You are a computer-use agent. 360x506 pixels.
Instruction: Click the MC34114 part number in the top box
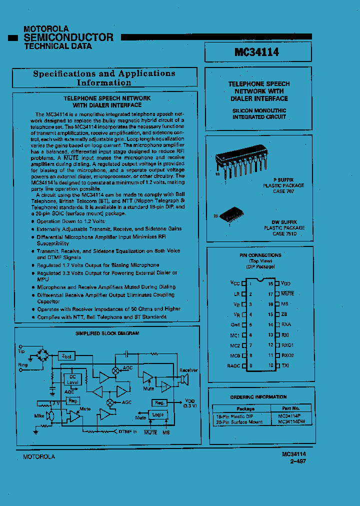(x=257, y=52)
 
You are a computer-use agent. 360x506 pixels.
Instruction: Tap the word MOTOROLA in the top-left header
(x=46, y=29)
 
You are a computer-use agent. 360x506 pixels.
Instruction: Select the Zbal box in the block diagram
(x=67, y=356)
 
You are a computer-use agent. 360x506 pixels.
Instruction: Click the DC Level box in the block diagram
(x=72, y=379)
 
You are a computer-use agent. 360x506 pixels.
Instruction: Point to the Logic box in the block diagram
(x=157, y=414)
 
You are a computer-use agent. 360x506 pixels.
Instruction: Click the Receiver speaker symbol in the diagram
(x=183, y=381)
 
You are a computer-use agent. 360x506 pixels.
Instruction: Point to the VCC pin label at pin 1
(x=235, y=283)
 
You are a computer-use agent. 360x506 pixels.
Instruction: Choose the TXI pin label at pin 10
(x=285, y=365)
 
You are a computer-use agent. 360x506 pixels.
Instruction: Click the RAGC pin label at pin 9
(x=233, y=365)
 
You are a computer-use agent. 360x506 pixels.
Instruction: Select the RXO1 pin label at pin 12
(x=287, y=345)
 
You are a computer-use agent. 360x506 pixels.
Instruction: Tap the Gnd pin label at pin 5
(x=235, y=324)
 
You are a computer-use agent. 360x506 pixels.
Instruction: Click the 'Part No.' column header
(x=290, y=408)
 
